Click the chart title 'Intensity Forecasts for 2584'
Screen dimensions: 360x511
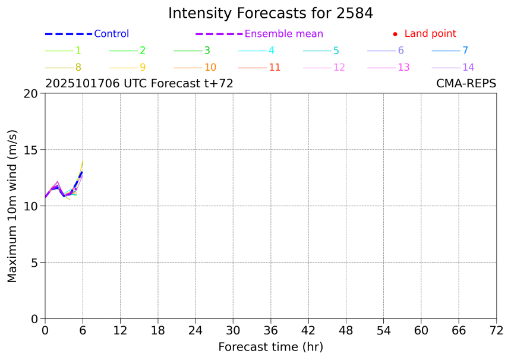point(270,14)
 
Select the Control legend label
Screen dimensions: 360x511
point(111,34)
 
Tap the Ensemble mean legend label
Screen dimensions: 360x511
point(283,34)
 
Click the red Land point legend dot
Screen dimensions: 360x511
point(395,34)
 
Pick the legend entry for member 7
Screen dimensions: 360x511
point(465,50)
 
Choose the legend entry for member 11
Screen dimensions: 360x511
point(274,67)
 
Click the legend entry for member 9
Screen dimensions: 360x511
point(142,67)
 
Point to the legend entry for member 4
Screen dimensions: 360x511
point(271,50)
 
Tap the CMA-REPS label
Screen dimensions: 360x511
point(466,84)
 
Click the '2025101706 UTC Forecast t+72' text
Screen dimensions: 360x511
point(139,84)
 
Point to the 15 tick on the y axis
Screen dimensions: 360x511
point(31,150)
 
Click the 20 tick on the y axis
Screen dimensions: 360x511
point(31,93)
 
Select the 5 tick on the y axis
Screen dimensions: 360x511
point(34,263)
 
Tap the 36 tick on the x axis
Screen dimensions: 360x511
point(270,330)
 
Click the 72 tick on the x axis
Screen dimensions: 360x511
point(496,330)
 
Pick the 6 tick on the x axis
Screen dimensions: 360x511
point(83,330)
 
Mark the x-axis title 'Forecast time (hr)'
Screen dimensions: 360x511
point(270,347)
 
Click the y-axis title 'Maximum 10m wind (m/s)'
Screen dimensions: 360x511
point(12,206)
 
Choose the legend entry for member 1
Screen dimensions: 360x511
point(78,50)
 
